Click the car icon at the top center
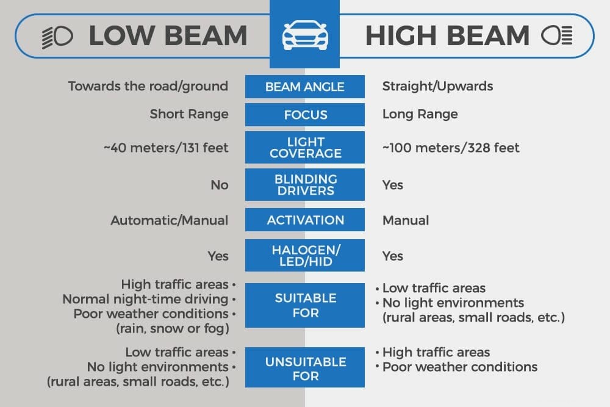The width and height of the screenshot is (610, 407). click(x=305, y=36)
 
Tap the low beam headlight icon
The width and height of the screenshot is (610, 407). click(x=57, y=37)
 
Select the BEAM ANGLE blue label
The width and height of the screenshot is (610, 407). click(x=305, y=87)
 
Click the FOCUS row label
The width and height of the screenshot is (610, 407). click(x=305, y=115)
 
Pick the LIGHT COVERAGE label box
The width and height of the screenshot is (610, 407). click(x=305, y=148)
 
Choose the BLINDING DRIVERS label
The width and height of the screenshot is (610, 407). click(x=305, y=185)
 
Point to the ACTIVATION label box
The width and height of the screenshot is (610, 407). click(x=305, y=220)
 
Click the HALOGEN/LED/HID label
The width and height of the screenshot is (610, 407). click(x=305, y=256)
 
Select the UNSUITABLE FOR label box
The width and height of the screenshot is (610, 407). click(x=305, y=368)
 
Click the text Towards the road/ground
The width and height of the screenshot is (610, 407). click(x=148, y=86)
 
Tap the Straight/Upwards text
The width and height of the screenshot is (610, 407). click(x=437, y=86)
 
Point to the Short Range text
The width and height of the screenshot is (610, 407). click(x=189, y=114)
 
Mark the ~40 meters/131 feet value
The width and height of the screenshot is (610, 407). click(x=166, y=148)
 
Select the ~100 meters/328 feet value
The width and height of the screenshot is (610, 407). click(x=451, y=148)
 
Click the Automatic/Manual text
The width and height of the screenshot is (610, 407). click(x=169, y=220)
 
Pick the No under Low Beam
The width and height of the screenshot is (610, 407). click(x=219, y=185)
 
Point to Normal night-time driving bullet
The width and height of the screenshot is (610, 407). click(x=145, y=299)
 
